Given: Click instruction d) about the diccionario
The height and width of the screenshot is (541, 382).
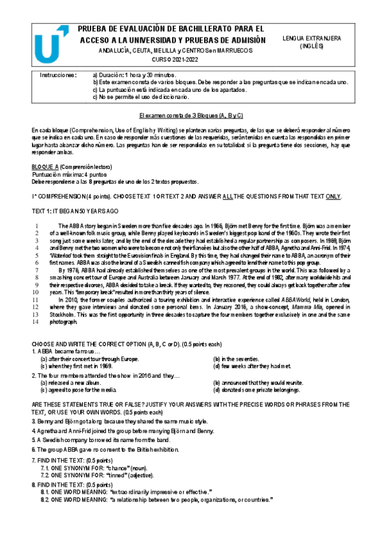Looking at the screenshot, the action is click(140, 97).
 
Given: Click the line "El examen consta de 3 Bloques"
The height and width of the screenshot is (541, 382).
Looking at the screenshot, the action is click(191, 115).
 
